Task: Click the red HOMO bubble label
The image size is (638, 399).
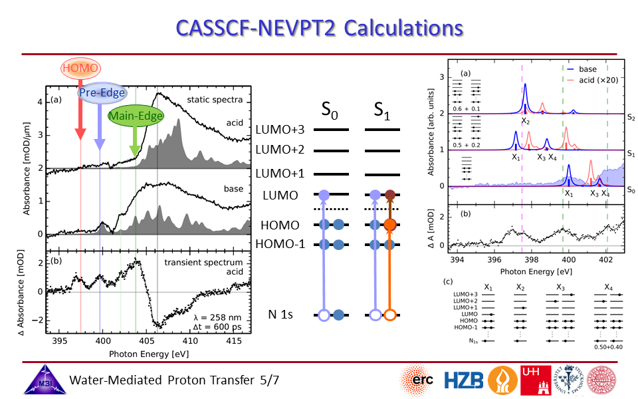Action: [x=80, y=68]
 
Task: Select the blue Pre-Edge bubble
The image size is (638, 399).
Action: [x=99, y=93]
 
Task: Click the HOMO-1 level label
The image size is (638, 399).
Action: [x=280, y=245]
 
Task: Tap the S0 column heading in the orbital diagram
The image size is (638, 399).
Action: [x=332, y=110]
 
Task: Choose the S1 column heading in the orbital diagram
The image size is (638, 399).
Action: [x=383, y=110]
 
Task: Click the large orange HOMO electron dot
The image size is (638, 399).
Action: [x=390, y=225]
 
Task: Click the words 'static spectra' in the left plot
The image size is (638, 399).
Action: [x=214, y=100]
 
